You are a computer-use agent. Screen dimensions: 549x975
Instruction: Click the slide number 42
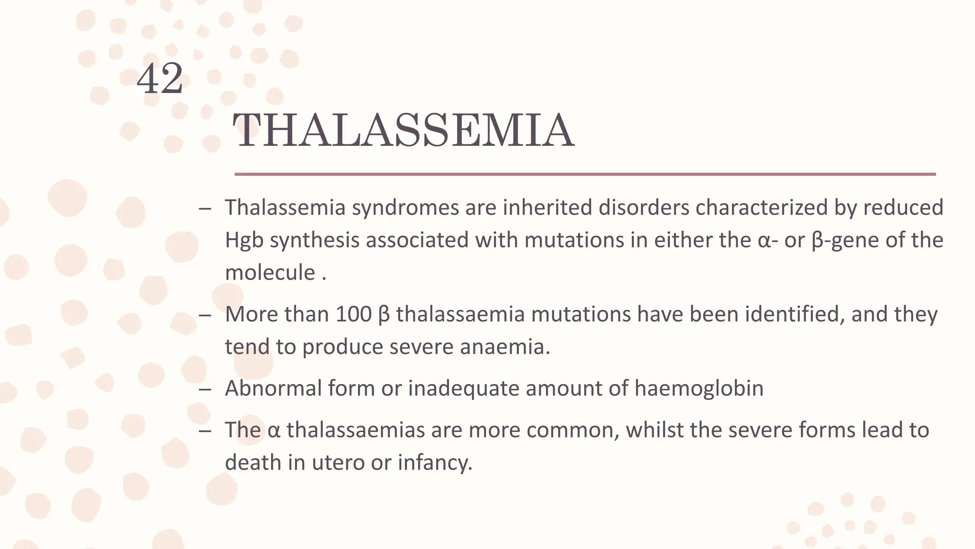pyautogui.click(x=160, y=79)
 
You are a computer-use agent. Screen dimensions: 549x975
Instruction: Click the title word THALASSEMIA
pyautogui.click(x=403, y=131)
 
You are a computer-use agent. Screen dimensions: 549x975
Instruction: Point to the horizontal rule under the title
pyautogui.click(x=585, y=174)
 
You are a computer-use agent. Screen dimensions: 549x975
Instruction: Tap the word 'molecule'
pyautogui.click(x=270, y=273)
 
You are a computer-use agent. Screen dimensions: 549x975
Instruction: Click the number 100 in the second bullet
pyautogui.click(x=353, y=314)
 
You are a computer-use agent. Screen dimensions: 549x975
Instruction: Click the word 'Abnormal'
pyautogui.click(x=273, y=388)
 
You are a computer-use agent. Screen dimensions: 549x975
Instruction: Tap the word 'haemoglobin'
pyautogui.click(x=698, y=388)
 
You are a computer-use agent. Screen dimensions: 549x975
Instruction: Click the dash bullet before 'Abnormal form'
pyautogui.click(x=205, y=389)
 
